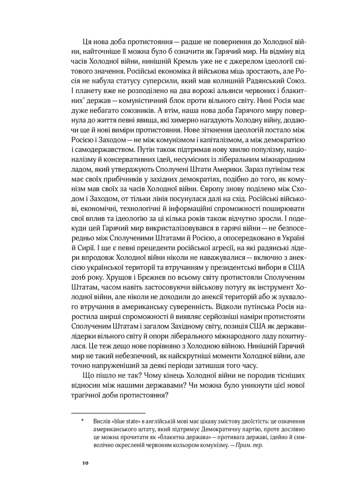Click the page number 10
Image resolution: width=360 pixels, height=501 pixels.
(85, 463)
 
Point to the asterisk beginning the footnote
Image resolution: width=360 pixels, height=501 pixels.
(82, 421)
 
